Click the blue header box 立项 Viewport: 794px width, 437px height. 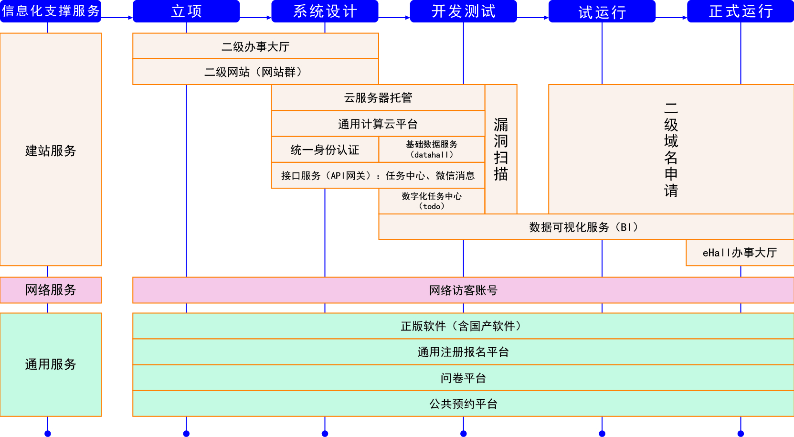pos(186,11)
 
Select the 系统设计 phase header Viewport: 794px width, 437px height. pos(325,11)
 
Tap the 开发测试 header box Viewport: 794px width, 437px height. pos(463,11)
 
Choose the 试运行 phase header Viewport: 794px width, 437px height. pos(602,11)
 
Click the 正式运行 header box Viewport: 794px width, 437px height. pos(741,11)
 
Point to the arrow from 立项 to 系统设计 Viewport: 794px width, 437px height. pos(255,18)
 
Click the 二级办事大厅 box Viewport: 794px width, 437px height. pos(255,46)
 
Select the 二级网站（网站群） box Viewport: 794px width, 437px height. pos(255,72)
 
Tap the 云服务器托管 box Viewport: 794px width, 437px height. pos(378,98)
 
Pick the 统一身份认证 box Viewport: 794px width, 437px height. pos(325,150)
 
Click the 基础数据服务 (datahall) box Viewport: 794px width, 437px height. pos(432,149)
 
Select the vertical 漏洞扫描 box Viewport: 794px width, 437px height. pos(501,149)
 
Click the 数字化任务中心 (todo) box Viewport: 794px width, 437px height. pos(432,201)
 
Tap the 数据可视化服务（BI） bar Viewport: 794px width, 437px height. pos(586,227)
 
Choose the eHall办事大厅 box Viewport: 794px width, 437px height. pos(740,253)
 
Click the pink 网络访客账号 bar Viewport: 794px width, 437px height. pos(463,290)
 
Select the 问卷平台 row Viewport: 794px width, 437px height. pos(463,378)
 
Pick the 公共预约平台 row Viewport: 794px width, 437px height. pos(463,404)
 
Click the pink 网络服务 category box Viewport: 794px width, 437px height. pos(51,290)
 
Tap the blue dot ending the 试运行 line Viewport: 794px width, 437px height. pos(602,434)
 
